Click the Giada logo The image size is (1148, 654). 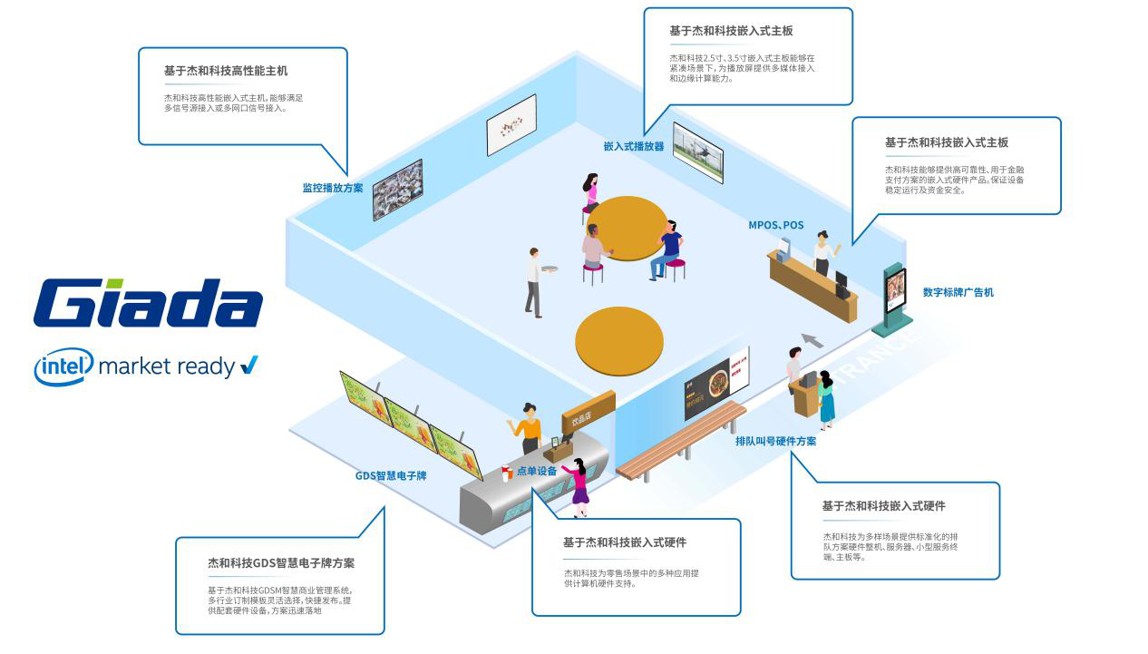148,303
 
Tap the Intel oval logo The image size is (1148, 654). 63,366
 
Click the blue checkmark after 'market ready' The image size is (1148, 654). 248,366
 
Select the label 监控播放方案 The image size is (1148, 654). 333,189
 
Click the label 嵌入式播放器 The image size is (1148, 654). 634,146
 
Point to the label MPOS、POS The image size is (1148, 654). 775,225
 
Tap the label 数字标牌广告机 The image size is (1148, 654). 958,292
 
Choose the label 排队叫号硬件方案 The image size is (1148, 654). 775,441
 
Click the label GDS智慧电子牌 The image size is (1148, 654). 390,475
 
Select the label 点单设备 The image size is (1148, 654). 537,471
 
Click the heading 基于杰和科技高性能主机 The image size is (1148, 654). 226,71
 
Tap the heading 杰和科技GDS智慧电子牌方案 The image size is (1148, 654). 281,562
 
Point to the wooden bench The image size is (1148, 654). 680,440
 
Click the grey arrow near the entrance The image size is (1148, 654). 812,340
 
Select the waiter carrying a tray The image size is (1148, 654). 534,281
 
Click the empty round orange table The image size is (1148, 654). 619,341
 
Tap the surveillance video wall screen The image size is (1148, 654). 397,190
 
